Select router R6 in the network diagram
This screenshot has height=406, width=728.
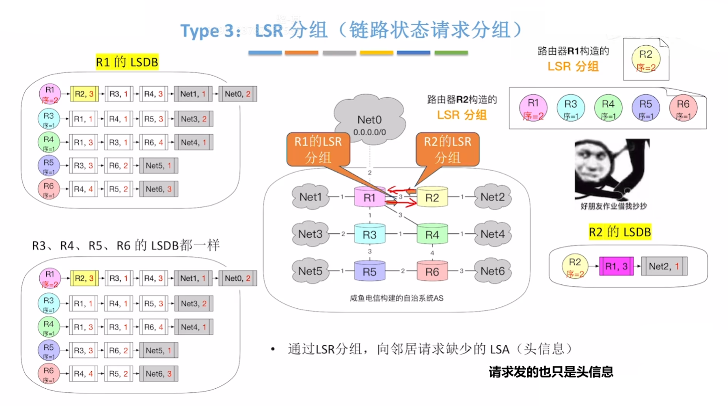[x=432, y=271]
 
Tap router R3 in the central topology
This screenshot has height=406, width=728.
[x=369, y=234]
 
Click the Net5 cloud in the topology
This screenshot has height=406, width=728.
[x=310, y=271]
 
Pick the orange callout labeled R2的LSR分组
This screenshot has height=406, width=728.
[x=447, y=149]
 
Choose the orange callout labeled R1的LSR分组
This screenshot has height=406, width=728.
[x=318, y=149]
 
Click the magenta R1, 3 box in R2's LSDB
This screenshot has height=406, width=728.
[x=616, y=266]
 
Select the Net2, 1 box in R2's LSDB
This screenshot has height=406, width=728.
[x=664, y=266]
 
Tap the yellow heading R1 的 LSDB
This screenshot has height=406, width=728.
[x=127, y=62]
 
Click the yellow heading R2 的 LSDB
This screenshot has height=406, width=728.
[x=619, y=232]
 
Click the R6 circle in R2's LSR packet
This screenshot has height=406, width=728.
[x=683, y=108]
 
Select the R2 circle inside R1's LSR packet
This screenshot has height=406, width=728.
[x=646, y=60]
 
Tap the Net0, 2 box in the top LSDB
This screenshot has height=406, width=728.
[x=238, y=94]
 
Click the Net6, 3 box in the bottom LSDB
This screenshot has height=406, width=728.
[x=159, y=374]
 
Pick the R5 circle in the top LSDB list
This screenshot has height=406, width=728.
[x=49, y=166]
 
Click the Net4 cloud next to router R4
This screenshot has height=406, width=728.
[x=492, y=234]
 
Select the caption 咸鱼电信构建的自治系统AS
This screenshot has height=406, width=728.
[x=396, y=298]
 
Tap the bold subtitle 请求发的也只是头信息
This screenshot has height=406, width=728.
[x=551, y=372]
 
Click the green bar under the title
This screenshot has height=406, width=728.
[x=451, y=53]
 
